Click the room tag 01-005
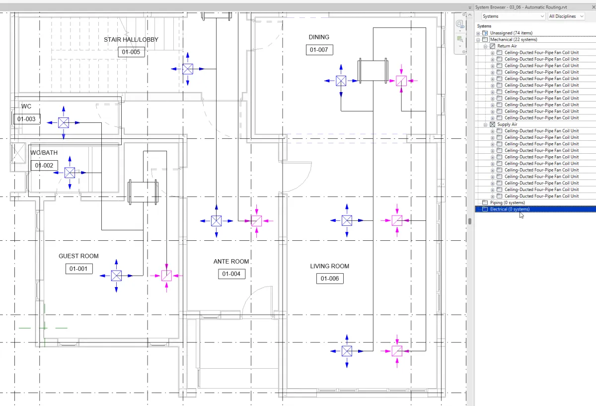click(131, 52)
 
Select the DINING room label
click(319, 37)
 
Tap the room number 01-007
click(319, 50)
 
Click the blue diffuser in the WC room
click(64, 122)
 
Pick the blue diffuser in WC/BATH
click(70, 173)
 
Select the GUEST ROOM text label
click(78, 256)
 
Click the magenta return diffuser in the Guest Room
click(166, 276)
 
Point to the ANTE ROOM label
click(231, 262)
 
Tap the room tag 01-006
click(330, 279)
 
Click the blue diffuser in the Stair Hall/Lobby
click(188, 69)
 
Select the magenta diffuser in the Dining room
click(401, 81)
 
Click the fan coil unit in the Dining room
click(373, 71)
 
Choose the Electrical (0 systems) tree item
click(510, 209)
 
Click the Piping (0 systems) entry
click(508, 203)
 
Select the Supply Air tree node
click(507, 124)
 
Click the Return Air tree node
click(507, 46)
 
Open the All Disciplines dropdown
click(566, 16)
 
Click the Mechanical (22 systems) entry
click(514, 39)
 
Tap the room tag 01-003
click(27, 119)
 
